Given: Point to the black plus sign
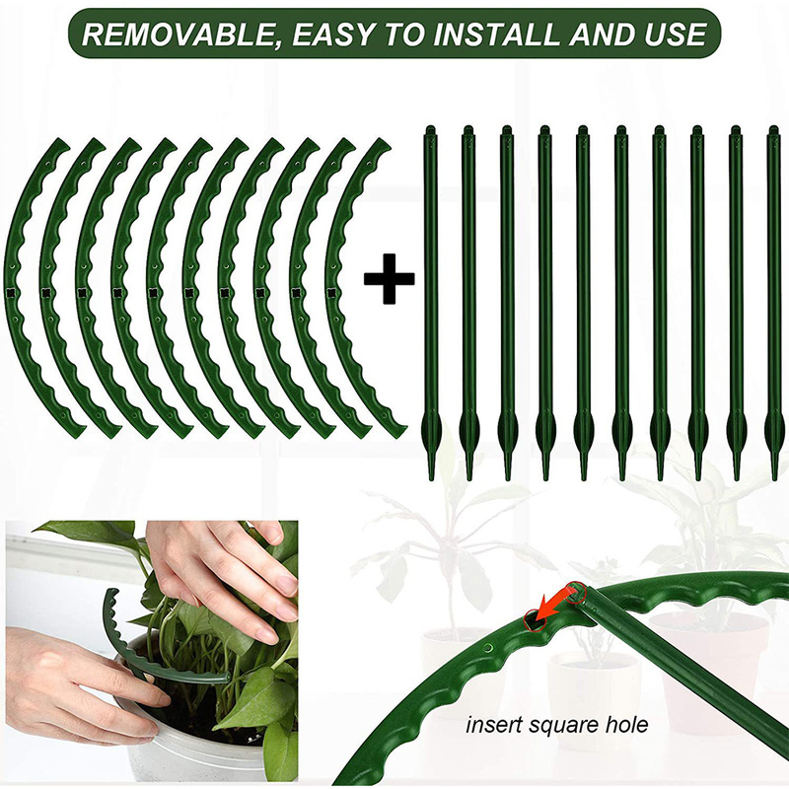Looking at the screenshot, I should click(390, 281).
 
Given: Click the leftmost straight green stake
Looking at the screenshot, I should click(430, 296).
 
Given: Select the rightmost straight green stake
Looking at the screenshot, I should click(773, 296).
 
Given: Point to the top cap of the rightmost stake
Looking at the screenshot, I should click(772, 131).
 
